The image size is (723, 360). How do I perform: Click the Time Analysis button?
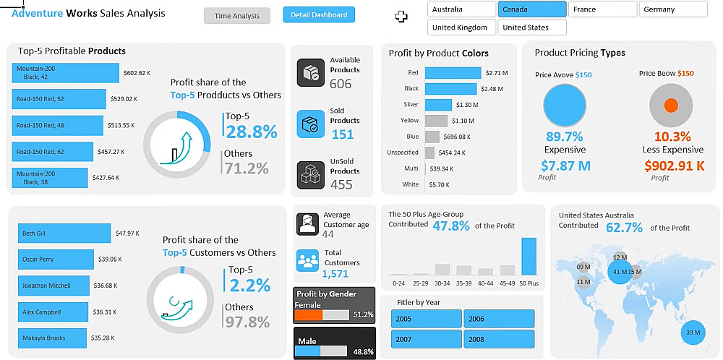pos(236,15)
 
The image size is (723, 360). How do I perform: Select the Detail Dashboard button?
pos(319,14)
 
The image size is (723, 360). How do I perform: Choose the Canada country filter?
pos(531,9)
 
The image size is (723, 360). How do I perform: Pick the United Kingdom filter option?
pos(461,27)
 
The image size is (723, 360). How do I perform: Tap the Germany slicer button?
pos(672,9)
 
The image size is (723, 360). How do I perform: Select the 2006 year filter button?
pos(499,319)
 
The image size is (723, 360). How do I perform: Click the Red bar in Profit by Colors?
pos(453,73)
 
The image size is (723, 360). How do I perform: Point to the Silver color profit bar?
pos(438,105)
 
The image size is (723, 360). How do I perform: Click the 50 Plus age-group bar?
pos(529,257)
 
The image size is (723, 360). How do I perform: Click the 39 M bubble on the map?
pos(693,332)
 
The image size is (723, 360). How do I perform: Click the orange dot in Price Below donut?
pos(670,106)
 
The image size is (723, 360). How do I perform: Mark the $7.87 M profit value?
pos(565,166)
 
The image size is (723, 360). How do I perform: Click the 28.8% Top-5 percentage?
pos(252,132)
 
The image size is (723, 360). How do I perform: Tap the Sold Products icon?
pos(311,124)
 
